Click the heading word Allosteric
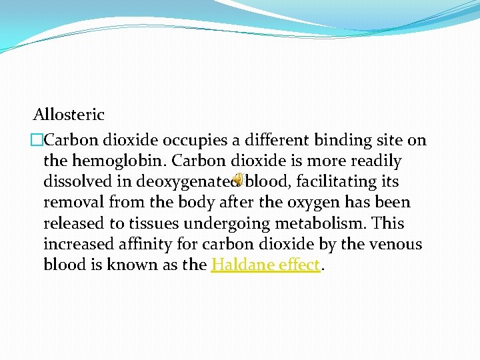click(69, 115)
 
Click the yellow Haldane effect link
click(266, 265)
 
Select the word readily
click(376, 161)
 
